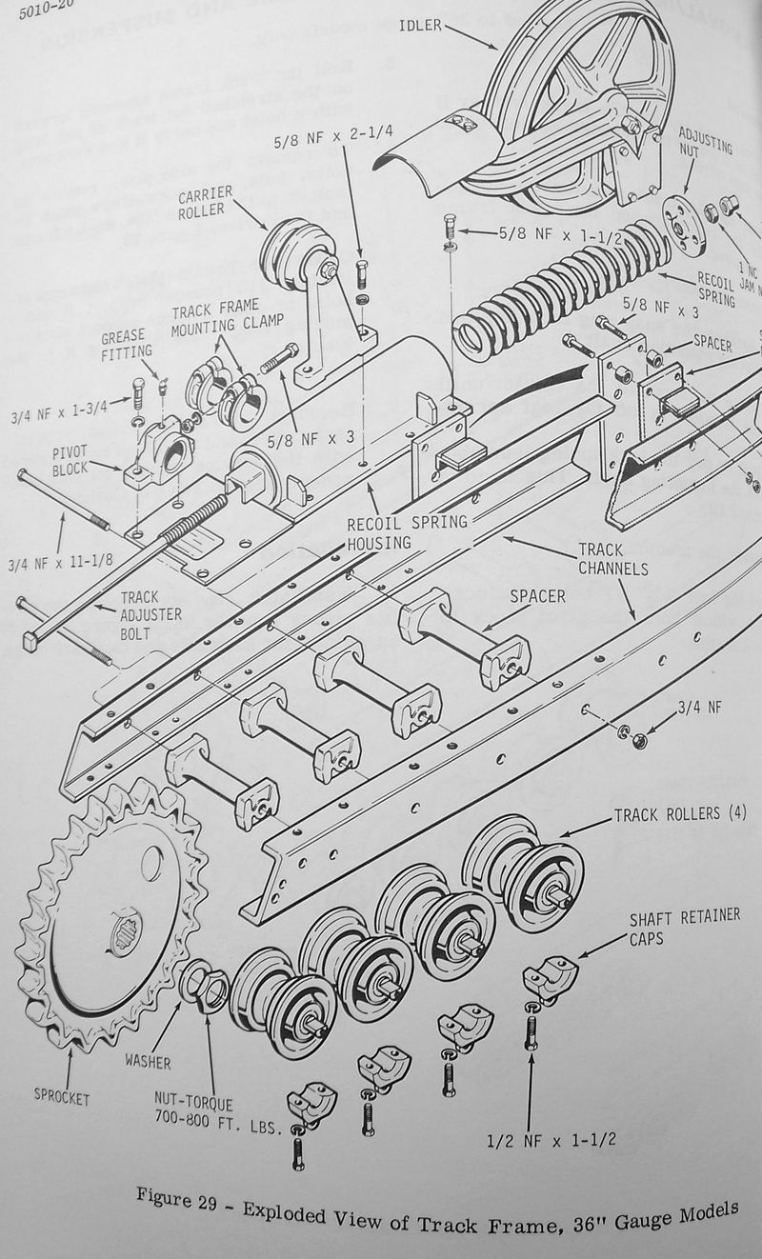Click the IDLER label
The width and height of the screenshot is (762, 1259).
[419, 26]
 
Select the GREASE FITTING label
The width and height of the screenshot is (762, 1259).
[126, 344]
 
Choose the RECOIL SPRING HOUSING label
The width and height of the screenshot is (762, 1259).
[407, 531]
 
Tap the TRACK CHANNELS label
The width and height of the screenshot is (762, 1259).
[612, 560]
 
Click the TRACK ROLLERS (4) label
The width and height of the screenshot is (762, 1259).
[680, 815]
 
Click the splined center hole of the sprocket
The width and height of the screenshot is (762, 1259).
[127, 930]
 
